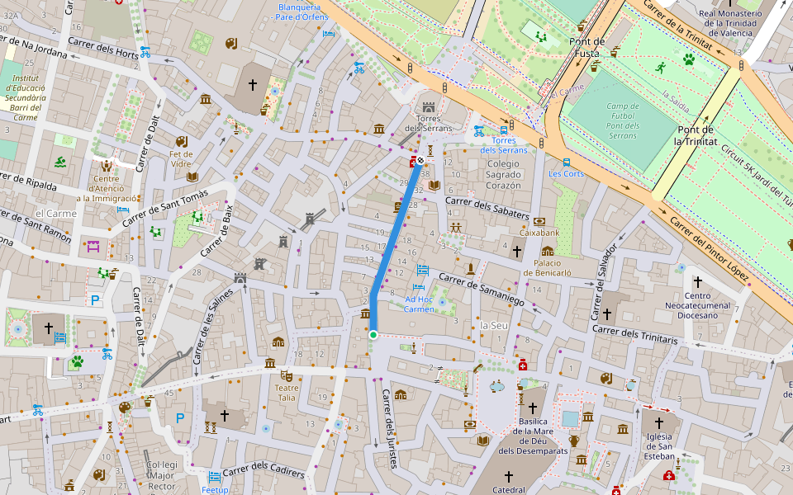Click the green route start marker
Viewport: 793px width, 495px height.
(x=373, y=334)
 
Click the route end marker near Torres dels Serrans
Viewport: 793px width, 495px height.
(x=420, y=160)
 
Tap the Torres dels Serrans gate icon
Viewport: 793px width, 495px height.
(x=428, y=108)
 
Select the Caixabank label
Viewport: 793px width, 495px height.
(x=539, y=233)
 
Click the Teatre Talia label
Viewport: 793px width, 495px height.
(x=286, y=392)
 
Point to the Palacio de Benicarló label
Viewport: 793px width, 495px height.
(x=548, y=267)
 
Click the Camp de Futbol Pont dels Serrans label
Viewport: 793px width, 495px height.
(x=623, y=120)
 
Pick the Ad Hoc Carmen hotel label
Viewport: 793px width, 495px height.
(x=419, y=304)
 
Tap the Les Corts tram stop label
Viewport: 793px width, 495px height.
(x=566, y=173)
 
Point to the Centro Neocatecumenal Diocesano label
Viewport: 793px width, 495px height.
(x=697, y=306)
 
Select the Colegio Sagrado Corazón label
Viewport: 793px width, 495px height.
(x=491, y=175)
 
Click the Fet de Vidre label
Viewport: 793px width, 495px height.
(x=181, y=158)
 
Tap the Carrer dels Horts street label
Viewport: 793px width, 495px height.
(x=103, y=49)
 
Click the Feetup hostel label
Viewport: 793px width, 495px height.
(x=215, y=489)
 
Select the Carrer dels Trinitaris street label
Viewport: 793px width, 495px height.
(x=634, y=335)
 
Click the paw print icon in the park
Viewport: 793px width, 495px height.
(x=688, y=59)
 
